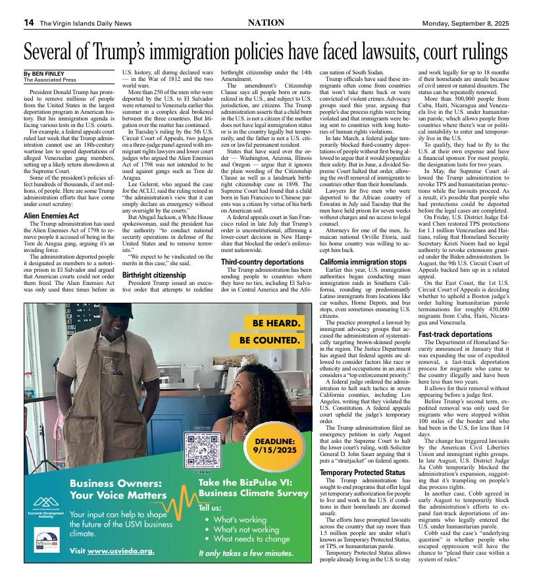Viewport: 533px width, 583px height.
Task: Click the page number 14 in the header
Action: (x=29, y=22)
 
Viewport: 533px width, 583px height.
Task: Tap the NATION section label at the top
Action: (x=266, y=22)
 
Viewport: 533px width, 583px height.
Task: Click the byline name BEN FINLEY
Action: (x=48, y=74)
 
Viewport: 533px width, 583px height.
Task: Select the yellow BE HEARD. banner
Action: (x=276, y=324)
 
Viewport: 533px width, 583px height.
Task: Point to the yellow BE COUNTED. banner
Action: (x=270, y=341)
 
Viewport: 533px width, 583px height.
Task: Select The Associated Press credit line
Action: (x=48, y=80)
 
